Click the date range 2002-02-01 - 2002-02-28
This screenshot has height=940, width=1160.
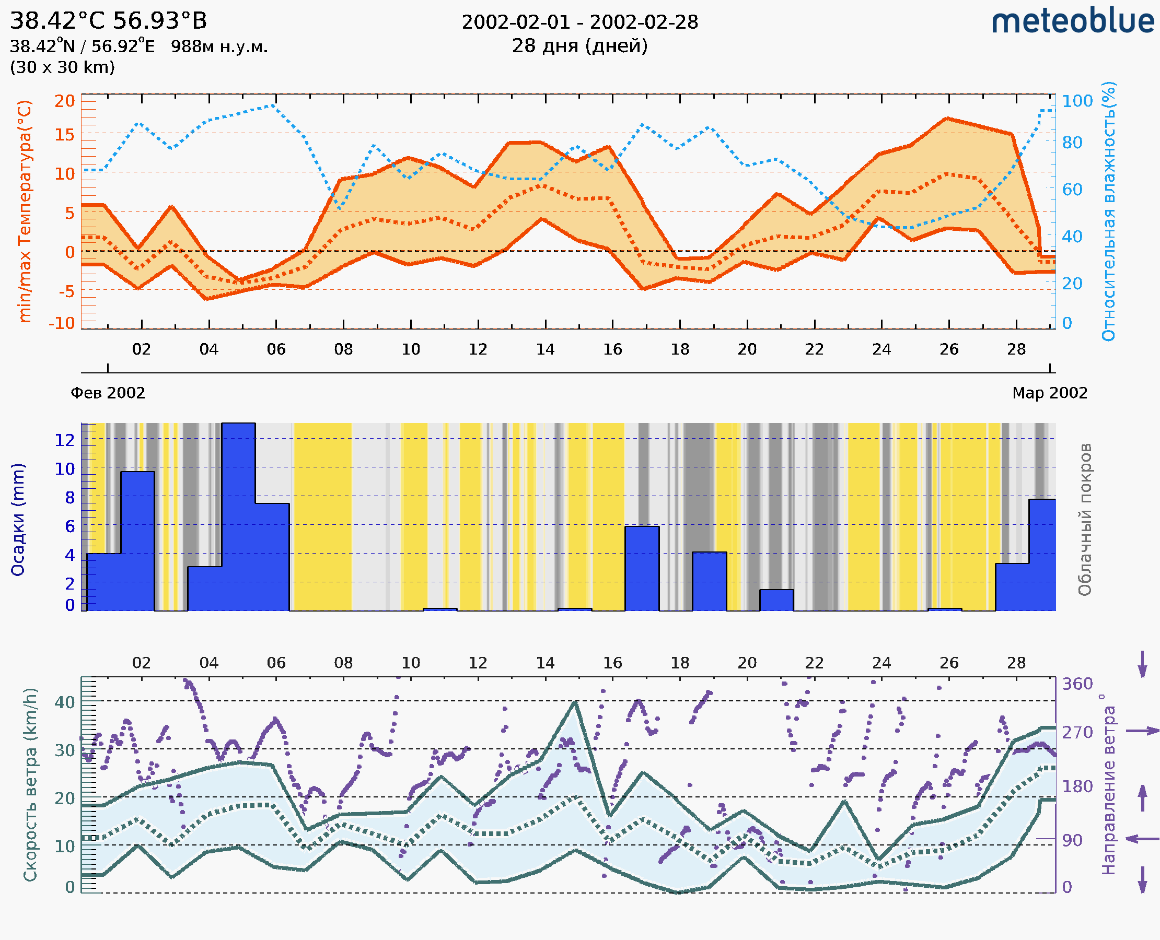pos(579,22)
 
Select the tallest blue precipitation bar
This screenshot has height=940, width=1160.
pos(238,516)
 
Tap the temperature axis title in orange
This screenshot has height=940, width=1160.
pos(25,211)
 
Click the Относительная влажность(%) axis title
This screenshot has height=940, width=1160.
pos(1108,211)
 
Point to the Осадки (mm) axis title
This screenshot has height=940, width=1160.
pos(18,520)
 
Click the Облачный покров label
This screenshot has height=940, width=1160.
pos(1085,520)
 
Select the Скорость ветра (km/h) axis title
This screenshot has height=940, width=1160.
pos(30,784)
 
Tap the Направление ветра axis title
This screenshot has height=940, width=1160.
pos(1108,784)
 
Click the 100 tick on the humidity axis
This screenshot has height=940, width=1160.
pos(1077,101)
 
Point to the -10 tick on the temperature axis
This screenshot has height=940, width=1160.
pos(62,323)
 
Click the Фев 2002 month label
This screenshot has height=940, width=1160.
pos(108,393)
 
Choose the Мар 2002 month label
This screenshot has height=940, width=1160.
pos(1049,393)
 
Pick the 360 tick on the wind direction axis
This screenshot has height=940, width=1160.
pos(1077,684)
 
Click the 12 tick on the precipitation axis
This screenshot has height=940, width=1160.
pos(64,440)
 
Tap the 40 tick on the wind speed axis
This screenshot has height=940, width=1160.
pos(64,702)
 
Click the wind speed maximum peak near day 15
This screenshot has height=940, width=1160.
pos(575,702)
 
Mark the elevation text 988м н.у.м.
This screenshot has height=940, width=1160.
pos(219,47)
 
